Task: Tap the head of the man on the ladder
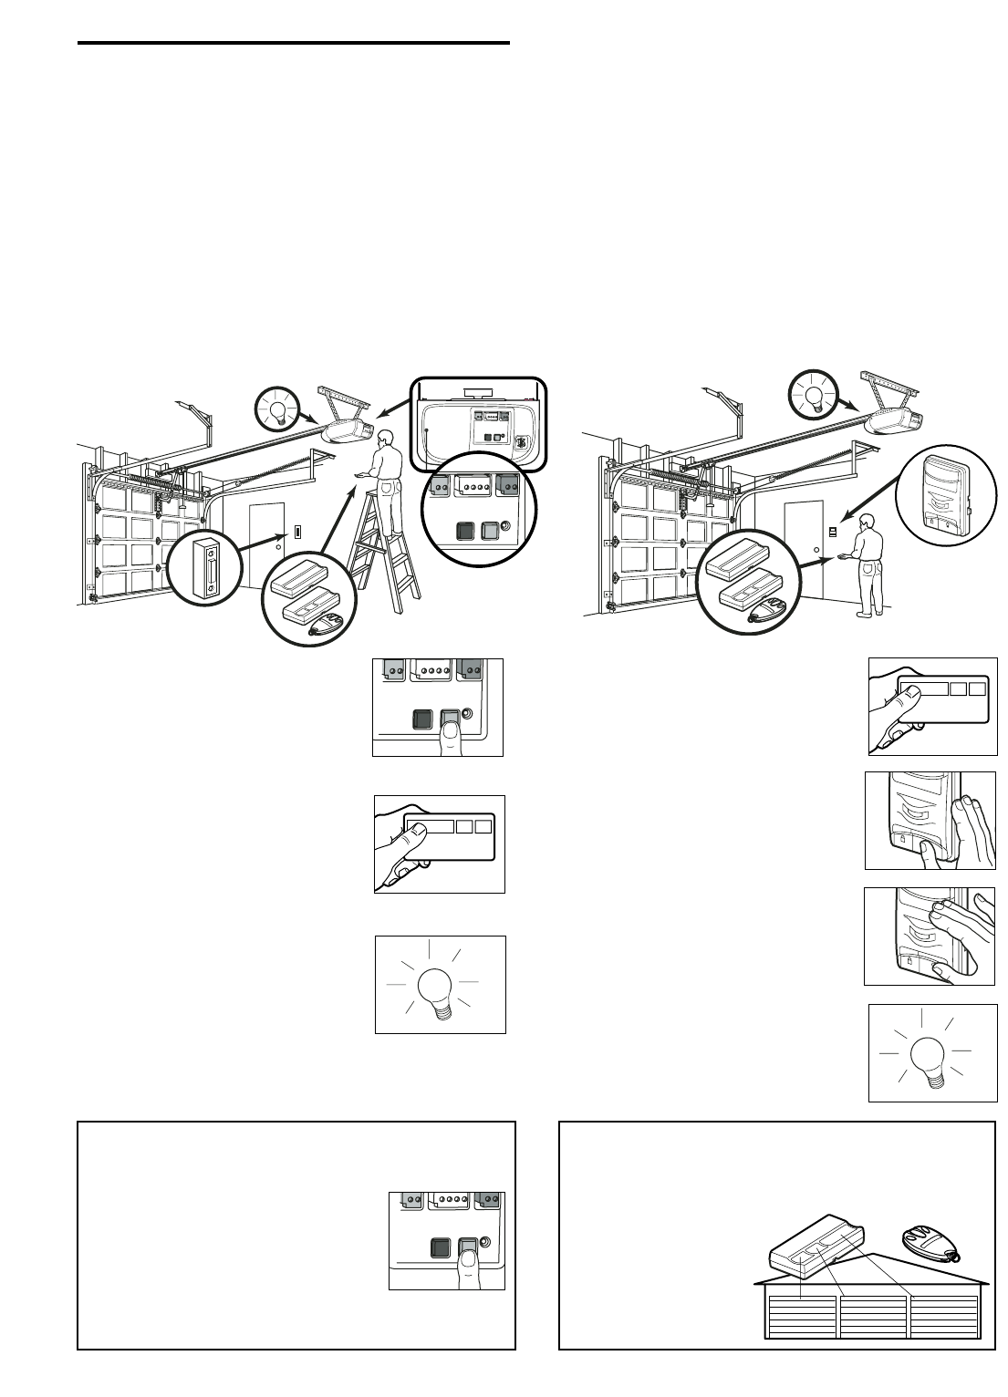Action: click(x=386, y=438)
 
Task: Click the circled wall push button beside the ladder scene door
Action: click(x=204, y=568)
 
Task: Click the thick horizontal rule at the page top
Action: click(x=293, y=43)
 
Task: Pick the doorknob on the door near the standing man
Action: click(x=815, y=550)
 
